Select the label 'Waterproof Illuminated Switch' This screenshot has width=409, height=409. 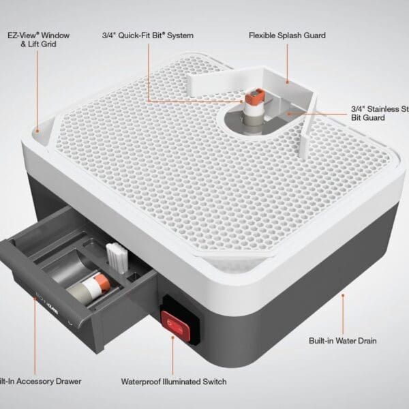coord(173,382)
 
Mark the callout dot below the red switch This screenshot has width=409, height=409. coord(173,339)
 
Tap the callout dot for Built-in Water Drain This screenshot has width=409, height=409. coord(342,294)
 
